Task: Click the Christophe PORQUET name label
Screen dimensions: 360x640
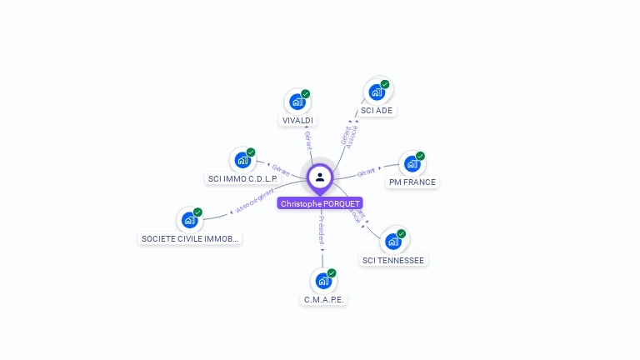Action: click(x=320, y=203)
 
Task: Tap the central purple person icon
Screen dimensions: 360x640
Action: click(x=320, y=177)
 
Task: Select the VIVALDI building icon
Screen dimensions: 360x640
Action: click(x=297, y=102)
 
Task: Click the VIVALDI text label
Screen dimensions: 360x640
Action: click(x=297, y=121)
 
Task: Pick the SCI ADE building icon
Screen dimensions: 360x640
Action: click(x=377, y=92)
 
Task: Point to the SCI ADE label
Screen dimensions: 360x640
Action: click(x=377, y=110)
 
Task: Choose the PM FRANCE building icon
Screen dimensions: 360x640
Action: click(x=412, y=163)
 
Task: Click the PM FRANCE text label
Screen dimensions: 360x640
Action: click(x=412, y=182)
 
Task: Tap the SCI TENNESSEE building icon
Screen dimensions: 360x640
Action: click(x=393, y=242)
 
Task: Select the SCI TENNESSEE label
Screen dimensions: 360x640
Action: click(x=393, y=260)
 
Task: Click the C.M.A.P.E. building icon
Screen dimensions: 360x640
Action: click(x=322, y=281)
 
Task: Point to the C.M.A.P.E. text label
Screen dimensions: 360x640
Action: click(x=323, y=299)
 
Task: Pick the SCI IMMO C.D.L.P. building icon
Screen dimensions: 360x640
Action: click(x=242, y=160)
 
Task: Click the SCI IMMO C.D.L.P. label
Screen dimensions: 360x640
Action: click(x=242, y=178)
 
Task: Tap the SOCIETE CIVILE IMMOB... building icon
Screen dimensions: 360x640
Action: click(x=189, y=220)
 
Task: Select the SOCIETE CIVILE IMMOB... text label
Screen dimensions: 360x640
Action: click(x=190, y=238)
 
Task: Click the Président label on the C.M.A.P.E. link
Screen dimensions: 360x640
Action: click(x=322, y=230)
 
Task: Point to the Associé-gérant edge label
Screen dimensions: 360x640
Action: click(x=255, y=200)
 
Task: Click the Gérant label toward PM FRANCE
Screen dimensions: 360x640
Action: click(x=367, y=172)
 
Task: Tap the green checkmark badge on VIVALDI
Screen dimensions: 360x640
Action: click(x=306, y=94)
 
